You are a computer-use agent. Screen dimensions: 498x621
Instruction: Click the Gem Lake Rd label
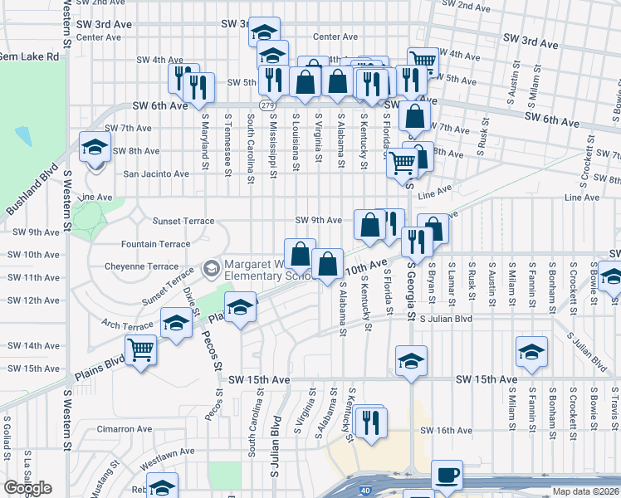(30, 57)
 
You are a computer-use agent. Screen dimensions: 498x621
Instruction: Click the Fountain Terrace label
(155, 244)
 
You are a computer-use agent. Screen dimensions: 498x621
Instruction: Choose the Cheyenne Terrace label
(141, 266)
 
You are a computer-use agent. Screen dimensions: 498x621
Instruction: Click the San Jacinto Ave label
(156, 174)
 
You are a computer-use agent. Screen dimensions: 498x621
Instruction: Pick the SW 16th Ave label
(446, 431)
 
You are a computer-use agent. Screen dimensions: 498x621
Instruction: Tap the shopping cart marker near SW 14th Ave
(141, 349)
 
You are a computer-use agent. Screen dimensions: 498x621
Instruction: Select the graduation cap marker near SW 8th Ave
(95, 148)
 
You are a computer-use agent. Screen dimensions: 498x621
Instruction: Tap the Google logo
(28, 488)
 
